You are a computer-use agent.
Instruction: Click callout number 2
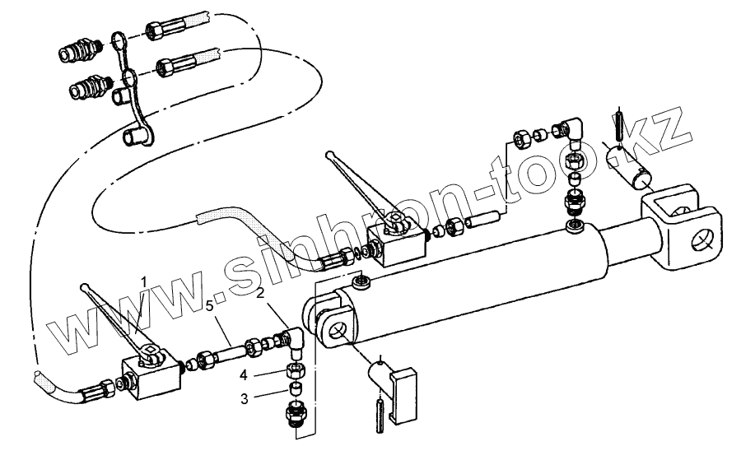pyautogui.click(x=259, y=293)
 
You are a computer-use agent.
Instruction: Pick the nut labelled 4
pyautogui.click(x=295, y=370)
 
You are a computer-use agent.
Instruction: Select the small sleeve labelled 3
pyautogui.click(x=295, y=388)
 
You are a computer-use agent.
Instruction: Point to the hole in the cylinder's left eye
pyautogui.click(x=336, y=332)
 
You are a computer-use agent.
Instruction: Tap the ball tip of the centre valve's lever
pyautogui.click(x=329, y=153)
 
